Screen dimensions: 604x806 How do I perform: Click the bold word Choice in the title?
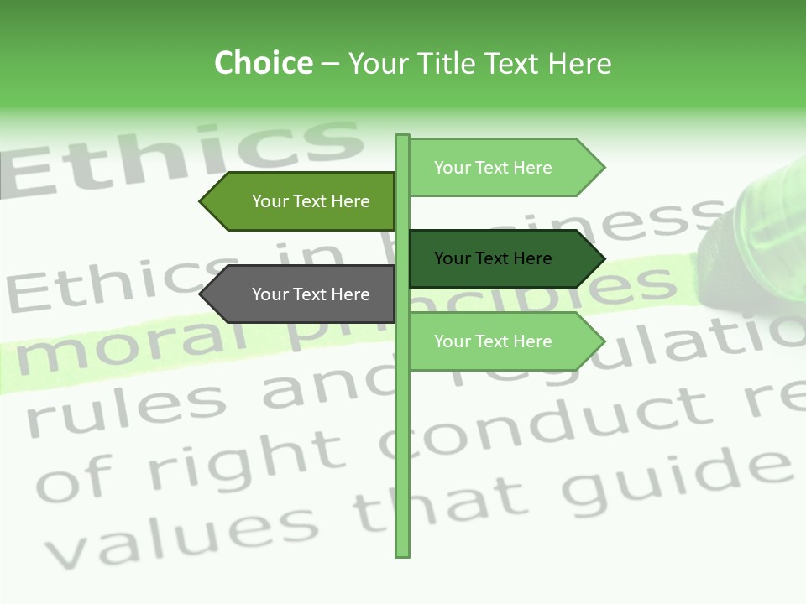(x=263, y=64)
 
